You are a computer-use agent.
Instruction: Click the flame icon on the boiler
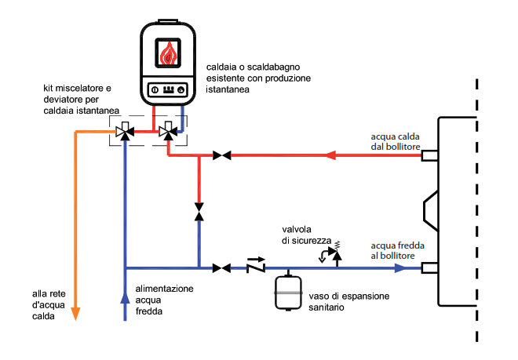click(x=168, y=53)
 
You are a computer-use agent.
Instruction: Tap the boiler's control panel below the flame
click(x=168, y=89)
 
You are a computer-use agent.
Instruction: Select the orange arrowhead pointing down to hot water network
click(x=75, y=314)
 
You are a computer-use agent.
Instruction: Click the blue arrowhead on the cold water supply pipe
click(x=125, y=297)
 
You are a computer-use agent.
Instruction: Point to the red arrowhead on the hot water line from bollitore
click(x=330, y=155)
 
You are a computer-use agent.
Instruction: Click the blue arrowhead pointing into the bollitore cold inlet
click(x=400, y=268)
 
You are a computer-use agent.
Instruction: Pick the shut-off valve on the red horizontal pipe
click(x=221, y=155)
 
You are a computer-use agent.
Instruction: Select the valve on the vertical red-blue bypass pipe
click(x=199, y=212)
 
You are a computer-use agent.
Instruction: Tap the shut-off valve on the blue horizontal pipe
click(x=221, y=268)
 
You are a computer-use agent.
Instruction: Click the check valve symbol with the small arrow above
click(x=256, y=265)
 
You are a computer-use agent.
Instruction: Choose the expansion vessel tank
click(x=288, y=293)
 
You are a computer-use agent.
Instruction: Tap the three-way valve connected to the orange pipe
click(x=125, y=132)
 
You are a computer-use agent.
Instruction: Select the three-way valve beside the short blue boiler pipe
click(x=168, y=132)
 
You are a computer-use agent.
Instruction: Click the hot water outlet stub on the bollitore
click(x=429, y=155)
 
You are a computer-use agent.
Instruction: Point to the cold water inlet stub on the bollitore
click(x=429, y=268)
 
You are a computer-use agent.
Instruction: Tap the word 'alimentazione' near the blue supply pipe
click(x=165, y=289)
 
